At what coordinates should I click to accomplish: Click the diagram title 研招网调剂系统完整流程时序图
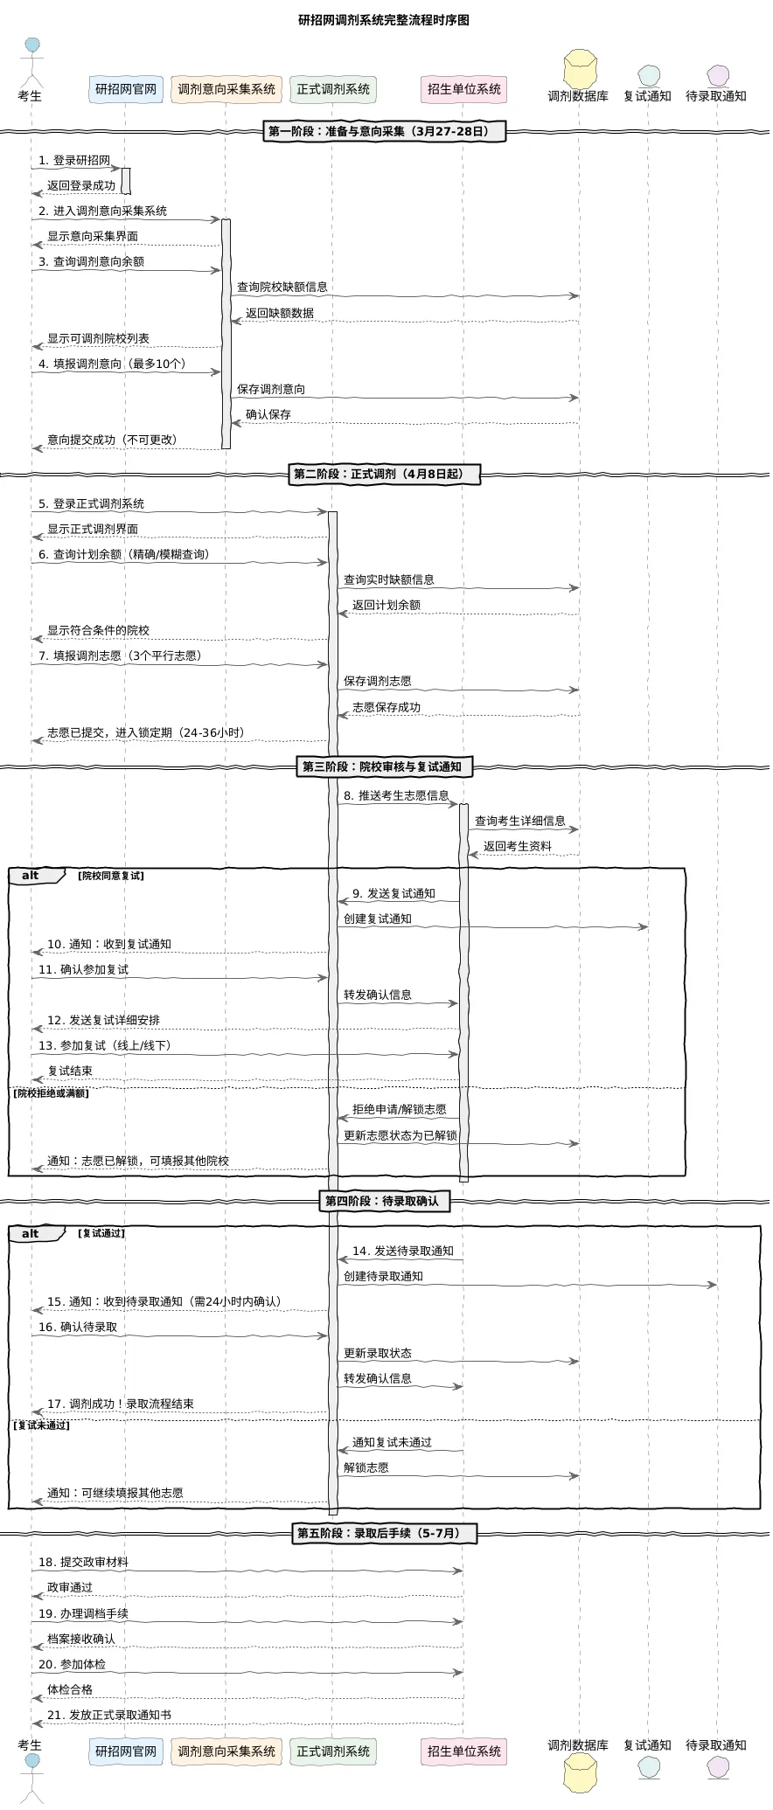pyautogui.click(x=384, y=20)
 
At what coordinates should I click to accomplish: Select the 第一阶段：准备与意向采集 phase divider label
pyautogui.click(x=385, y=132)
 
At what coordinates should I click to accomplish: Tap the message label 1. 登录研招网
pyautogui.click(x=74, y=161)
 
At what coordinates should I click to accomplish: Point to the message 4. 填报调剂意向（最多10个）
pyautogui.click(x=112, y=364)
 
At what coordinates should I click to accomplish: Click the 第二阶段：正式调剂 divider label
pyautogui.click(x=385, y=475)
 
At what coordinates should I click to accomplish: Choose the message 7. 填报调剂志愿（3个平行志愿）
pyautogui.click(x=119, y=655)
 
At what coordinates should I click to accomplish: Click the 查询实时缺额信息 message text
pyautogui.click(x=388, y=579)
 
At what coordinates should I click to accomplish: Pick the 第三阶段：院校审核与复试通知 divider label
pyautogui.click(x=385, y=767)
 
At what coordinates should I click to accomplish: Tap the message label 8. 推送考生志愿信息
pyautogui.click(x=396, y=795)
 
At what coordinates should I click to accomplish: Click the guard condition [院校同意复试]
pyautogui.click(x=111, y=876)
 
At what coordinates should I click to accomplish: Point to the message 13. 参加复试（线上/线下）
pyautogui.click(x=105, y=1045)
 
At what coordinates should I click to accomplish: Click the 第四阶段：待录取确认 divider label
pyautogui.click(x=382, y=1201)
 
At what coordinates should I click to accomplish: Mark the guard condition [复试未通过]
pyautogui.click(x=43, y=1425)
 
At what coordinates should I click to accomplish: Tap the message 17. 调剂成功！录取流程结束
pyautogui.click(x=121, y=1404)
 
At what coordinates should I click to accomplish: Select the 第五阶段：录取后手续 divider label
pyautogui.click(x=385, y=1533)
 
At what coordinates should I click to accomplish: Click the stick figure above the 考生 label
pyautogui.click(x=32, y=61)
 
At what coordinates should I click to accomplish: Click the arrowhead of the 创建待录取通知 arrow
pyautogui.click(x=713, y=1285)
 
